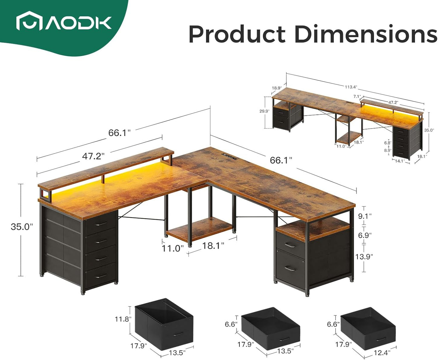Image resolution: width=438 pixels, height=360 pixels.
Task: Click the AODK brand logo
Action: tap(64, 21)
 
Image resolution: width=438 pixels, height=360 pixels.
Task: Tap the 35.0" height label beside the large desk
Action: tap(22, 226)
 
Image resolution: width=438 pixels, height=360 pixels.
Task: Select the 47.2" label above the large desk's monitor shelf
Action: tap(93, 156)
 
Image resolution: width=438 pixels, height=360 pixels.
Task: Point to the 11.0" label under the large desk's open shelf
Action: tap(172, 249)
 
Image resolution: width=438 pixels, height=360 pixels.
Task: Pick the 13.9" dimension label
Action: tap(364, 256)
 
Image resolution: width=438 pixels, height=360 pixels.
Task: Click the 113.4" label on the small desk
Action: tap(351, 87)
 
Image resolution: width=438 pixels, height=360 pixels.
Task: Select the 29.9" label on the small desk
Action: tap(264, 111)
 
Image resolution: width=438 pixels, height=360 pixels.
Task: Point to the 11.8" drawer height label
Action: tap(123, 319)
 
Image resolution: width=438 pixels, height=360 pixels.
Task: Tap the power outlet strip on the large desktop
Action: tap(229, 157)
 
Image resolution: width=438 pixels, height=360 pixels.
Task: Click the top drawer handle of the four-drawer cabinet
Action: tap(101, 224)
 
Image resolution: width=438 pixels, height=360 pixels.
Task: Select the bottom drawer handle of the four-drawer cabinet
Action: tap(101, 276)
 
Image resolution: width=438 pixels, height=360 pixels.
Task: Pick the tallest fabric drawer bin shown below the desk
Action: tap(164, 324)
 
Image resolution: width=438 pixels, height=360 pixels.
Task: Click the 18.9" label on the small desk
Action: tap(276, 88)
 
